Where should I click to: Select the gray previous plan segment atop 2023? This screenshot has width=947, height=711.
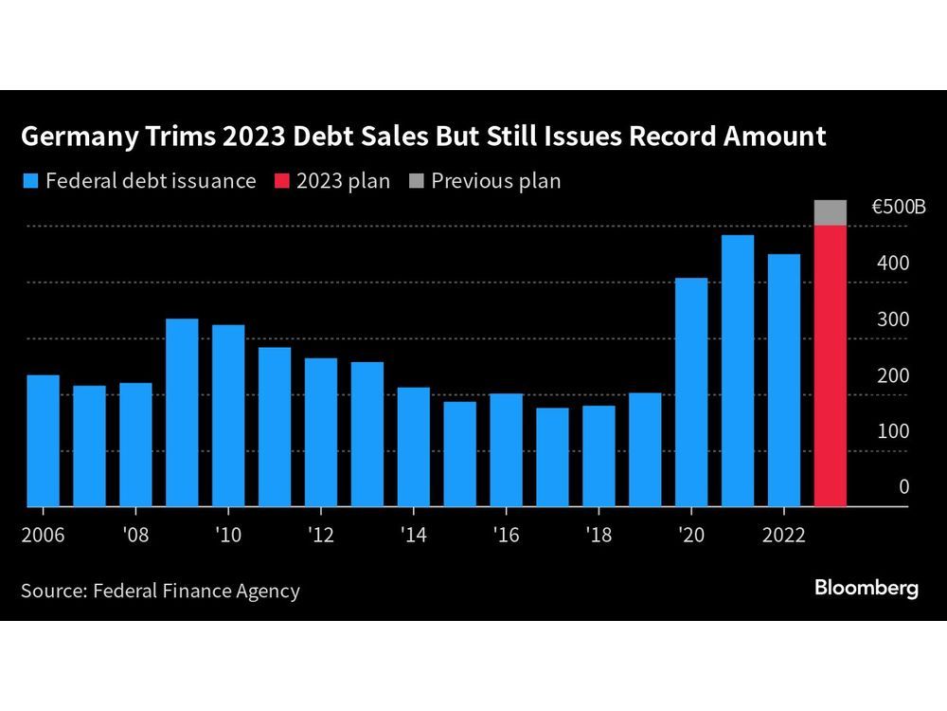coord(830,212)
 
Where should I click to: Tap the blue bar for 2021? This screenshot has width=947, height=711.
coord(738,371)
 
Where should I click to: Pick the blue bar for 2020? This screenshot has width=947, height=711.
coord(691,392)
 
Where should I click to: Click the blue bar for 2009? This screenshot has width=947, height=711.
coord(182,412)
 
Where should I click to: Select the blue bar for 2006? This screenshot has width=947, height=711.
coord(43,441)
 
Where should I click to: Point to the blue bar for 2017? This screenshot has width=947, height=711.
coord(552,457)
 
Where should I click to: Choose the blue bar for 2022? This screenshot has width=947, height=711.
coord(784,380)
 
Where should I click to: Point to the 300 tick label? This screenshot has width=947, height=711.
coord(892,319)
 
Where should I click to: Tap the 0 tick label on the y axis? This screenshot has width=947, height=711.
coord(903,487)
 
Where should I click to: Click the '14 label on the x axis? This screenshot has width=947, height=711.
coord(413,535)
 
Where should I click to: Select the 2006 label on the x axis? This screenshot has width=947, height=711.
coord(43,535)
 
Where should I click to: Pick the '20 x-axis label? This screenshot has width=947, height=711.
coord(690,535)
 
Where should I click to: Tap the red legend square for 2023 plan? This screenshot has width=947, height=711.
coord(279,180)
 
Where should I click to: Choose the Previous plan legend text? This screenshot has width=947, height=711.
coord(495,180)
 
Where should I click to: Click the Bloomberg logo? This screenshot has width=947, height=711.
coord(866,589)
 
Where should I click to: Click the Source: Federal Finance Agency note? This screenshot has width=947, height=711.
coord(160,591)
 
